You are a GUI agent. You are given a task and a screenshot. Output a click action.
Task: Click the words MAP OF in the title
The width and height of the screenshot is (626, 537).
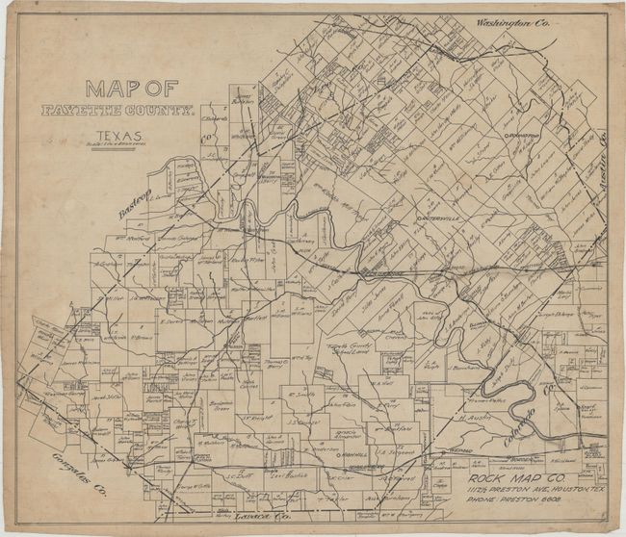130,89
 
